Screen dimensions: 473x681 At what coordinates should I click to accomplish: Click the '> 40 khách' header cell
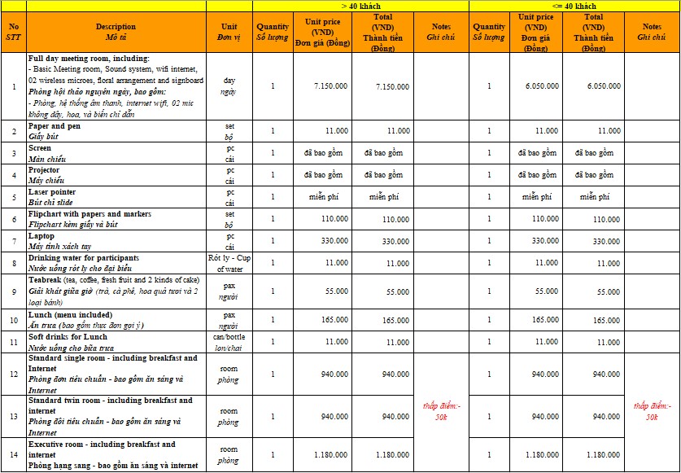tap(360, 6)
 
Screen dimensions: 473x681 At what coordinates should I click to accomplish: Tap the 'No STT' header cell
tap(13, 32)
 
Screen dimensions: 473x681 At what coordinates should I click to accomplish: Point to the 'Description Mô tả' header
tap(116, 32)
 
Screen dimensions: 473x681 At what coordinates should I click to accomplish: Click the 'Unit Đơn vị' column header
tap(229, 32)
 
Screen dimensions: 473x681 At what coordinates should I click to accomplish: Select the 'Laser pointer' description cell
tap(116, 196)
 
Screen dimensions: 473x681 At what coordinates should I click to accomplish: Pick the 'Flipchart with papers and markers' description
tap(116, 218)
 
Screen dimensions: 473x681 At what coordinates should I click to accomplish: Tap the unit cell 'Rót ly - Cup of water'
tap(229, 263)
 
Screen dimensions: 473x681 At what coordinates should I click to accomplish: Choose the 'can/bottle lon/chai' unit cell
tap(229, 342)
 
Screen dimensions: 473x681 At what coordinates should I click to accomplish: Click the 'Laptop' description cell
tap(116, 241)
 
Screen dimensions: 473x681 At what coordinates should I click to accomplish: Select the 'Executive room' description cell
tap(116, 455)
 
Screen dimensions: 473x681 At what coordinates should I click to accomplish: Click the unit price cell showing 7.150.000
tap(330, 85)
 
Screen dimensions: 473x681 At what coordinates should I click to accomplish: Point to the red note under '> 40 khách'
tap(441, 411)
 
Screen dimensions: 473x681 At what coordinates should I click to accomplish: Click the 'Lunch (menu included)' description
tap(116, 320)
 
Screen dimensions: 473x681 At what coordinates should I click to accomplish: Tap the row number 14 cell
tap(13, 455)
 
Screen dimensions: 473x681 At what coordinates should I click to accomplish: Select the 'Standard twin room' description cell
tap(116, 416)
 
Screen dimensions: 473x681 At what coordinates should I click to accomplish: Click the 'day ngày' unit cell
tap(229, 85)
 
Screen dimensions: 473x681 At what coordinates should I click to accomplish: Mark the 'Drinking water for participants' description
tap(116, 263)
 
